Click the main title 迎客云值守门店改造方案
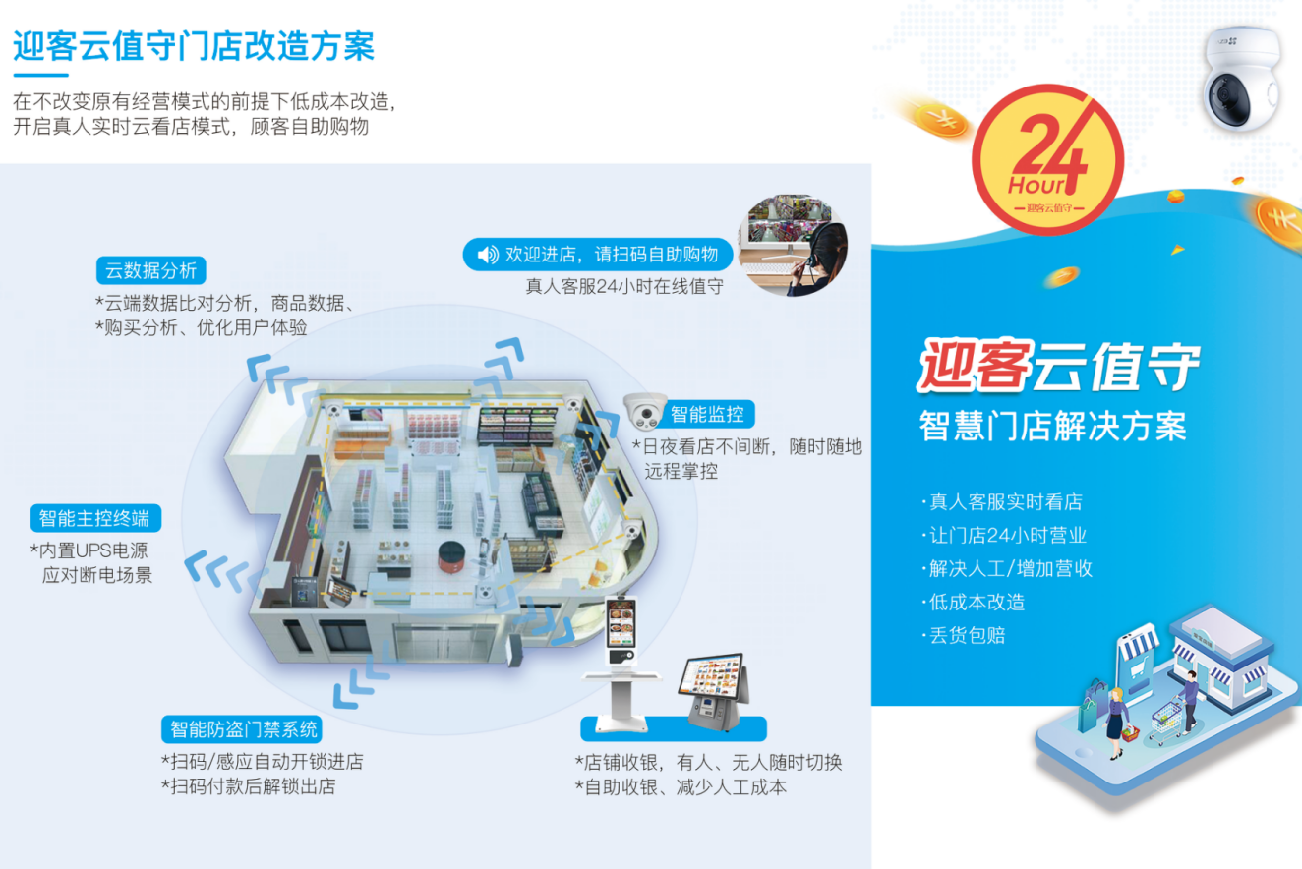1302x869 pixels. click(x=194, y=46)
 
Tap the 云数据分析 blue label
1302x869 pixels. click(x=151, y=270)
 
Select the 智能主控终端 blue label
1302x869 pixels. click(x=95, y=518)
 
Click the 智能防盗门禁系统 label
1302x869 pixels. click(x=242, y=729)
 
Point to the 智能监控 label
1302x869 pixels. click(x=707, y=414)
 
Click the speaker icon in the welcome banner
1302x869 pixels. click(x=488, y=255)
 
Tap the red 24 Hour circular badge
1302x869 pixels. click(x=1048, y=159)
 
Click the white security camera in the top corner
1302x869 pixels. click(x=1243, y=78)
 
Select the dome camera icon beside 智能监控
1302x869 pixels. click(x=644, y=411)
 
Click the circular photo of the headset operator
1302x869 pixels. click(x=793, y=245)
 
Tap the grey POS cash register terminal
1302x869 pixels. click(x=714, y=690)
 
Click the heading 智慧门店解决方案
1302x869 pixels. click(x=1052, y=426)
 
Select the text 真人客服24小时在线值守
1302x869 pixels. click(x=624, y=286)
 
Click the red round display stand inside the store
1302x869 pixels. click(x=451, y=556)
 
